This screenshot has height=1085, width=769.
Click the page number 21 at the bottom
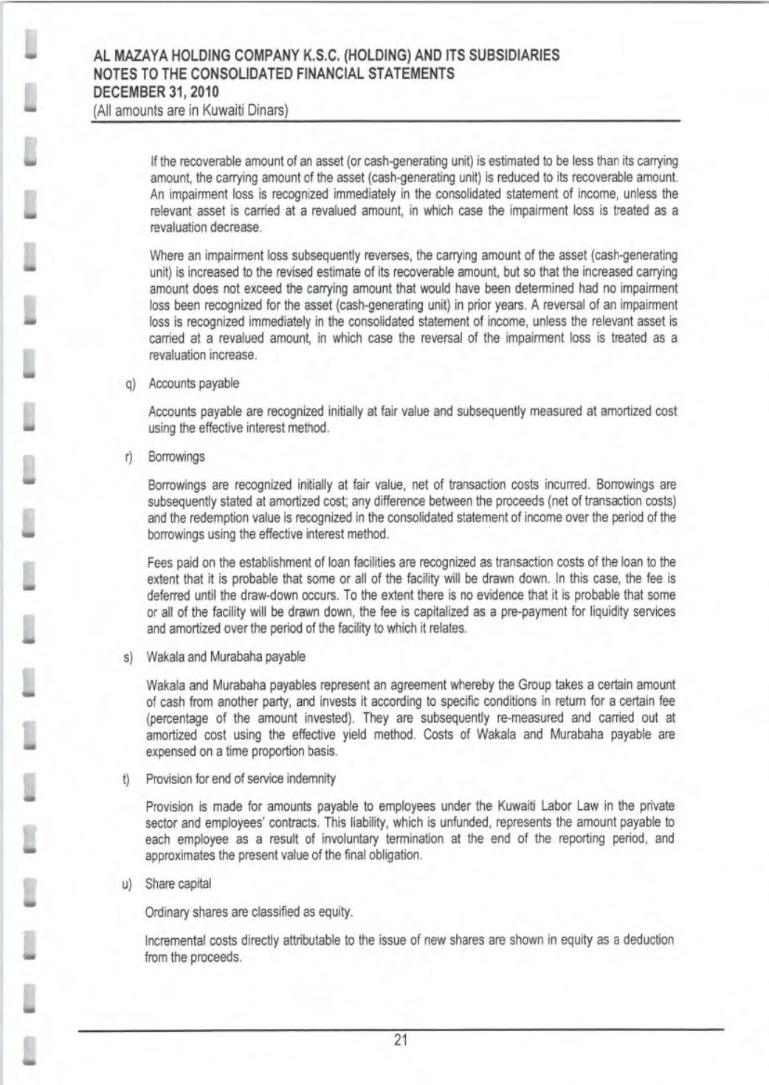coord(401,1040)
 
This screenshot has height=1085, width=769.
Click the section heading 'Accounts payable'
coord(193,384)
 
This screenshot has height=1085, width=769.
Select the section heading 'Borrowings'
coord(176,457)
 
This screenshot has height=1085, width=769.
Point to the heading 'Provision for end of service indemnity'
coord(241,779)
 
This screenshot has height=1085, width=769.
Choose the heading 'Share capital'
coord(178,884)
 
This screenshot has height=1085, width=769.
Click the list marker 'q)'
coord(131,384)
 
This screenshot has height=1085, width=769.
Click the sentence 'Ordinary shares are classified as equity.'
coord(249,912)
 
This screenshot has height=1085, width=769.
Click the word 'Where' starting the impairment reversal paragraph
coord(165,256)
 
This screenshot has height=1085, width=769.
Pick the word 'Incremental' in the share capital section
coord(176,940)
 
